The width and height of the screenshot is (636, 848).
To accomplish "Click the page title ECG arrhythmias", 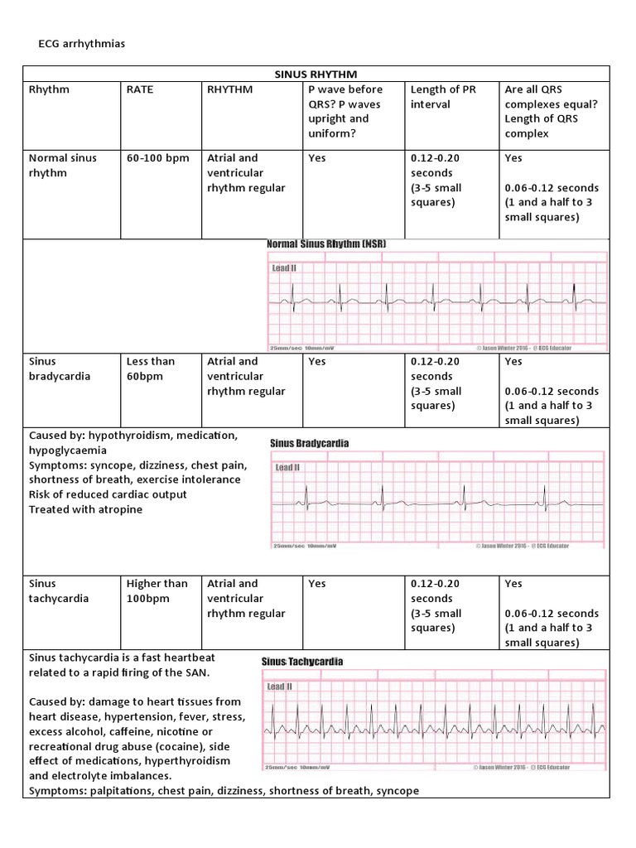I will (82, 43).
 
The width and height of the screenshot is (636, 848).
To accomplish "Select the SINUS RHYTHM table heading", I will (316, 74).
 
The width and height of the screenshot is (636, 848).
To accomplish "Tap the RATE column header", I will (140, 89).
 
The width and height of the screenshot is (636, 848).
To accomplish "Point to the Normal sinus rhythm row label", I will (60, 166).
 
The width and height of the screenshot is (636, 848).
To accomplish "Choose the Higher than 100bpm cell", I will (157, 590).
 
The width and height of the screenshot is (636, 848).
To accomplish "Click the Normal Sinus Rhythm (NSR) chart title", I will (326, 244).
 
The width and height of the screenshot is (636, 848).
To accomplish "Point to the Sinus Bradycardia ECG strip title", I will (310, 443).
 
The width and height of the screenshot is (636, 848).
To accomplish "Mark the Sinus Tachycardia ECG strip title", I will (302, 662).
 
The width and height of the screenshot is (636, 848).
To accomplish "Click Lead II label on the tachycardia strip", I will (279, 687).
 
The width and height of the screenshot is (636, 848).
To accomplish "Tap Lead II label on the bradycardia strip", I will (287, 468).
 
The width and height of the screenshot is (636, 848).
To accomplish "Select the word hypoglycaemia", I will (68, 450).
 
